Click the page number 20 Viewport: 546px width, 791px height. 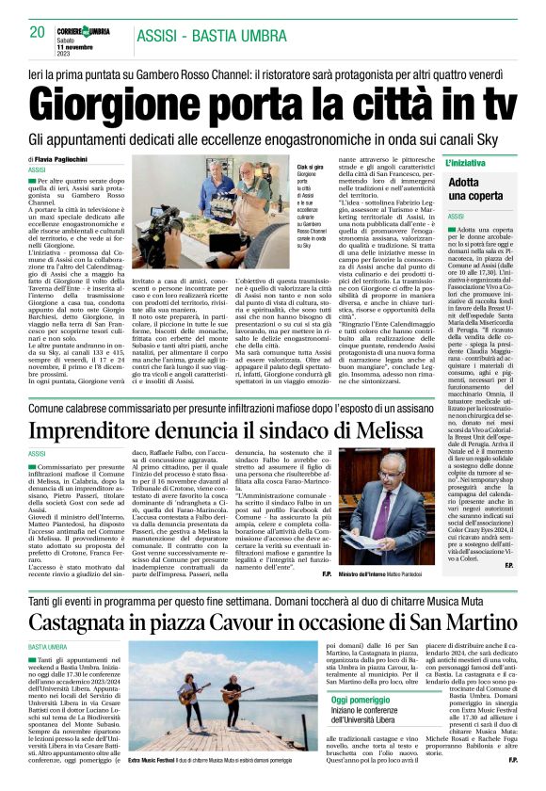coord(38,32)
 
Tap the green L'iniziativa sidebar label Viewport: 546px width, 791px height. coord(471,163)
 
